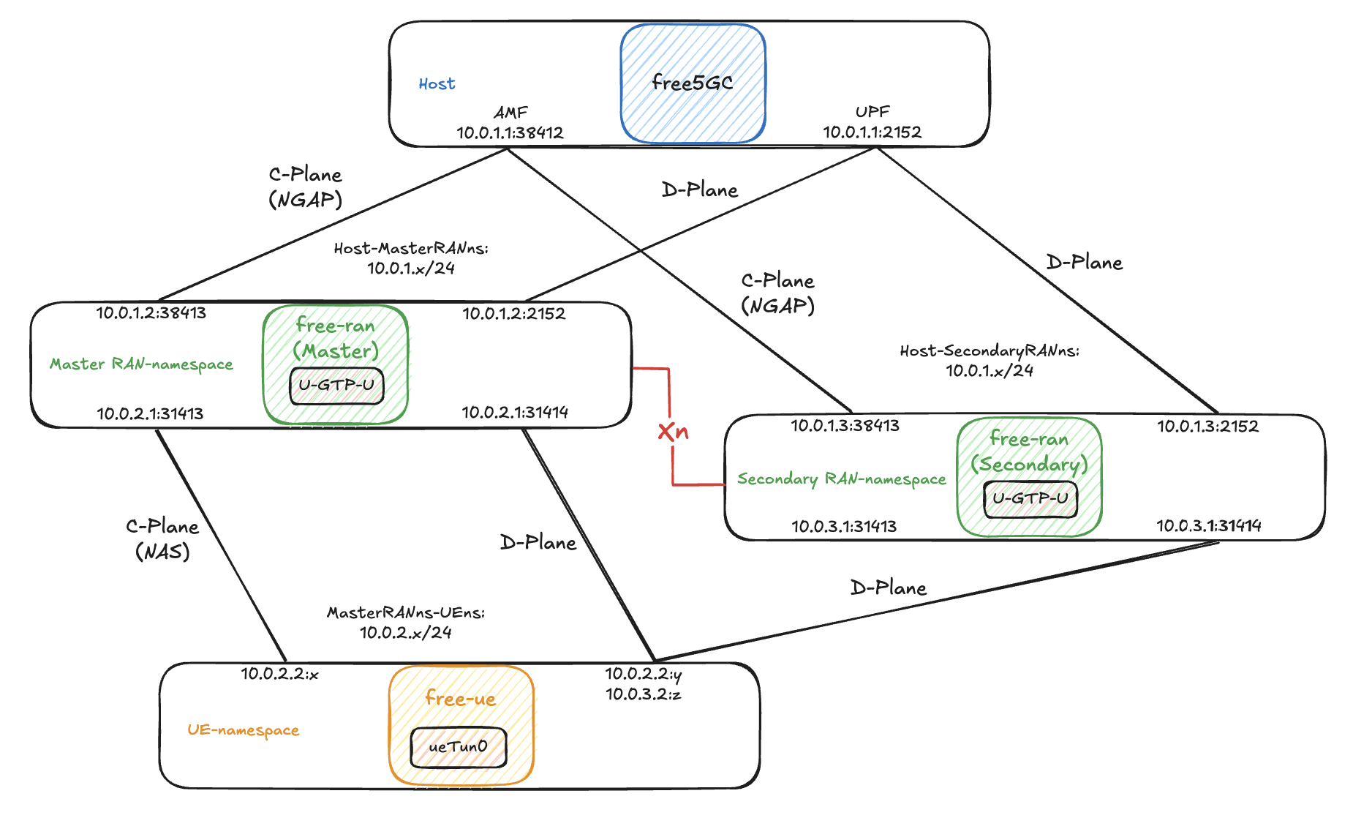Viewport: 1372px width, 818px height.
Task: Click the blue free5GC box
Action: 693,83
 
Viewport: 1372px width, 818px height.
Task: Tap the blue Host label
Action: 437,84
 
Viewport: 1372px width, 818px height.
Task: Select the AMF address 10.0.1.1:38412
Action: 510,132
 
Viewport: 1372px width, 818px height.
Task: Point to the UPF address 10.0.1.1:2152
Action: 872,132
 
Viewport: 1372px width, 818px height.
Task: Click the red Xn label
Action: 673,432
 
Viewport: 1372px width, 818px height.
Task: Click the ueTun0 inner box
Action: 458,747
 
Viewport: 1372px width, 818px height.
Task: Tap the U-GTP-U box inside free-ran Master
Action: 336,385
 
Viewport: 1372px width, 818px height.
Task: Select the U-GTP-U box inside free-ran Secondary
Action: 1030,499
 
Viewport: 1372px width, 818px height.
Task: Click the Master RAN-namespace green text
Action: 141,364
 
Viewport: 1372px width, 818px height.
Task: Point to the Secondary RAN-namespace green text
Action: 841,479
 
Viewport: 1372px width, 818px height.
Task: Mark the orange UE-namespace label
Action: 243,729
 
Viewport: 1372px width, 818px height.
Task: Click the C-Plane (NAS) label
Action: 162,539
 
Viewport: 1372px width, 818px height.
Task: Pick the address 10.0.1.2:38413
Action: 151,313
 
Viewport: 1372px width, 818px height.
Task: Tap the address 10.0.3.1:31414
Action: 1208,525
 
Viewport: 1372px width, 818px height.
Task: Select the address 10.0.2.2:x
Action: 279,674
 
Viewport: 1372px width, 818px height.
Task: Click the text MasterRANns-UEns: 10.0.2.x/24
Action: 406,622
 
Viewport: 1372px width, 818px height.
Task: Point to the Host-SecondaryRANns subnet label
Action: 989,360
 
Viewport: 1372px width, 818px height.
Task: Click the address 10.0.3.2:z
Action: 643,694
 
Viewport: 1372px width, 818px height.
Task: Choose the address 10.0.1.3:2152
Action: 1207,426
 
